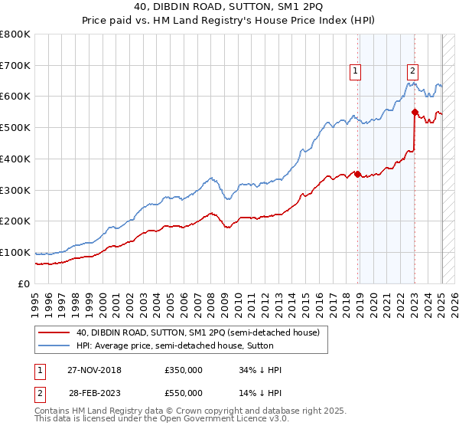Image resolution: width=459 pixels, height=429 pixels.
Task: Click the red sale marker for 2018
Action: pos(357,174)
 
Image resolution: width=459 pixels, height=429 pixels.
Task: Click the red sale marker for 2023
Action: pos(415,112)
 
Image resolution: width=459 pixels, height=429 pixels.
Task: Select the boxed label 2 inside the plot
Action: pos(412,71)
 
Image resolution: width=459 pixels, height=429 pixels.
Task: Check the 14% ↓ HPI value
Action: pos(261,392)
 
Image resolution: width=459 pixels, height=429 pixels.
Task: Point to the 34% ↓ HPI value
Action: pos(261,371)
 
